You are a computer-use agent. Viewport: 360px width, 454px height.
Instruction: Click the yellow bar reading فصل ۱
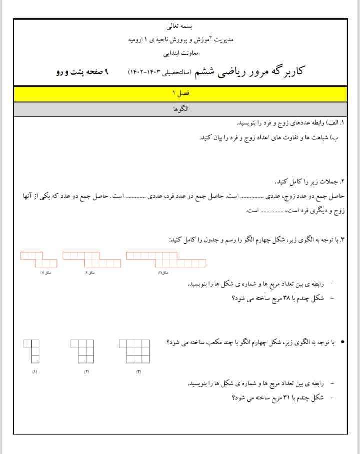180,94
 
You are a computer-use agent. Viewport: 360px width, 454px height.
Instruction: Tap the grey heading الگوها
180,109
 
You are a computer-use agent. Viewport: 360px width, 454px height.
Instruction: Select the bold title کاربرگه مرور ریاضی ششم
259,72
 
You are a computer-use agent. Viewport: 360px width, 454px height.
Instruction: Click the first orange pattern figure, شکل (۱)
39,259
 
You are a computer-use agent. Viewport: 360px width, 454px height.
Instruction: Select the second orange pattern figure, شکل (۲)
92,259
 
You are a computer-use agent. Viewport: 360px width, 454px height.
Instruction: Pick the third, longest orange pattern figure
166,259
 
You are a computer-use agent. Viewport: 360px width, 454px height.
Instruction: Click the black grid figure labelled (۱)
31,351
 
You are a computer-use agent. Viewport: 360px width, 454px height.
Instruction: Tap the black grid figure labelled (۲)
82,351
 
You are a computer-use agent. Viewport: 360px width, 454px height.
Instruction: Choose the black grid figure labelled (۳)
134,351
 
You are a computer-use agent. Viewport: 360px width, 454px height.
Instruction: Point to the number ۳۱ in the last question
273,398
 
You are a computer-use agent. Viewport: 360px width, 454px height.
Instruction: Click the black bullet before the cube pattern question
342,342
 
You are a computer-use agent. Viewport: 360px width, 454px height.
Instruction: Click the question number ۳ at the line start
343,240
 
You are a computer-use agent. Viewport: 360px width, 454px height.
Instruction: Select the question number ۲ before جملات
343,181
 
